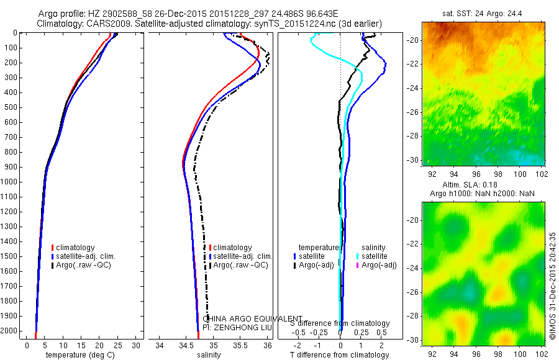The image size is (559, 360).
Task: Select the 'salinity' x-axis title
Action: point(208,355)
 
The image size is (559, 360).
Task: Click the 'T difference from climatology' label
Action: point(340,355)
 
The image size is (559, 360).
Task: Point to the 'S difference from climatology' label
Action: point(340,324)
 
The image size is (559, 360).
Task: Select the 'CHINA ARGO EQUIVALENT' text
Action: point(253,318)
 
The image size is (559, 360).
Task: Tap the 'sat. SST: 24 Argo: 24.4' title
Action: point(484,13)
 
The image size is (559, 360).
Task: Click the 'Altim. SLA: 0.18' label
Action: point(483,186)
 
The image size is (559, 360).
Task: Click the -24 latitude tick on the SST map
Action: point(416,88)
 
